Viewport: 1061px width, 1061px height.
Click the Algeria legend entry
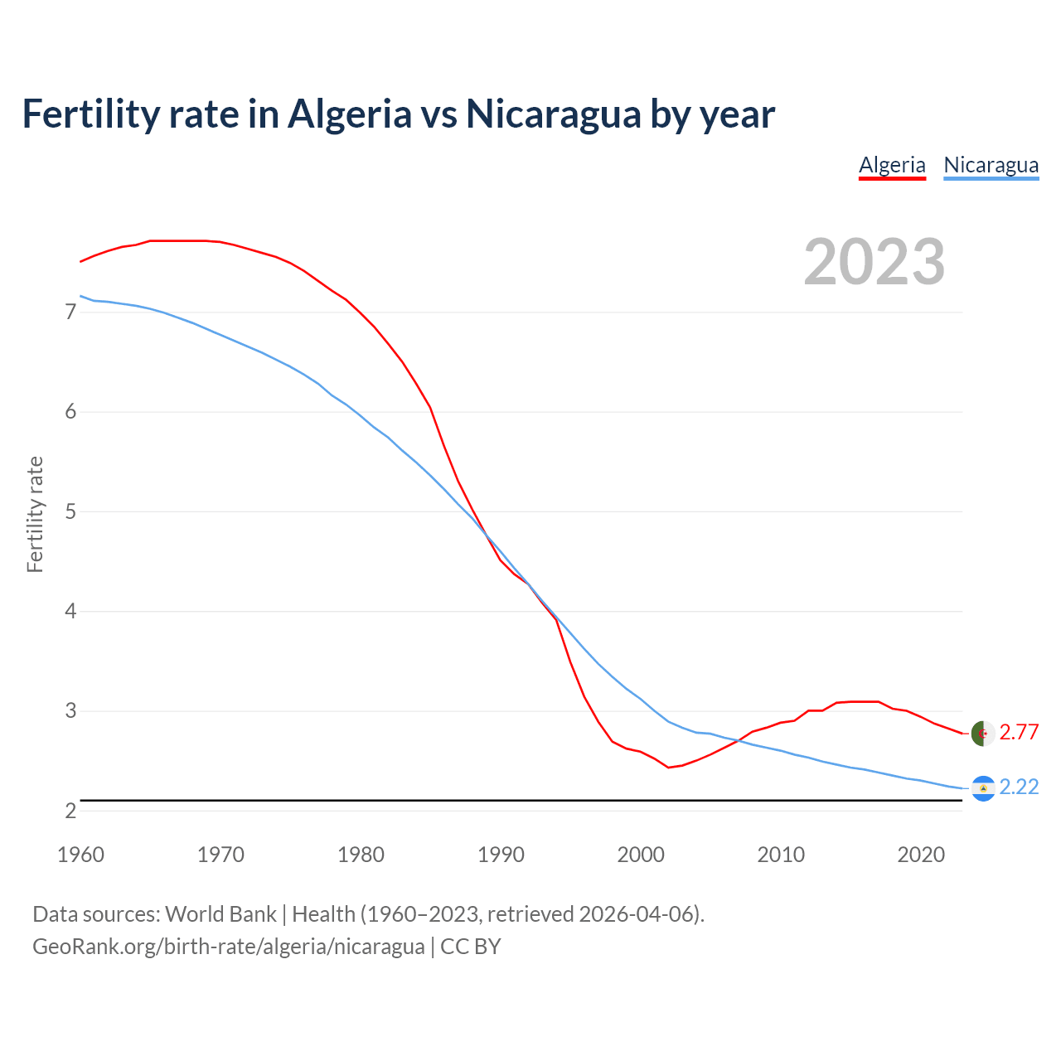tap(892, 165)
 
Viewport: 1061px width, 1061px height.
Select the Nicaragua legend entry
tap(991, 165)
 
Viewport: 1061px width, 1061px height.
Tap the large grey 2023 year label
tap(874, 262)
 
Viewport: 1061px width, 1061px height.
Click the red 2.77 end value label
tap(1019, 732)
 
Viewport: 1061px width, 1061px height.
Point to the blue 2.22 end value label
tap(1019, 787)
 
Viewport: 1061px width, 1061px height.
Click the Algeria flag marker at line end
tap(982, 734)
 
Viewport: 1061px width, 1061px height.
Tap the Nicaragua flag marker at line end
tap(982, 788)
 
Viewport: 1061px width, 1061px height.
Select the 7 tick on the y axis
tap(70, 312)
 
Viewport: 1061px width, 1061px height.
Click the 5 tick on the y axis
tap(70, 511)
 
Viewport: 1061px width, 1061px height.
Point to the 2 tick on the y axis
tap(70, 811)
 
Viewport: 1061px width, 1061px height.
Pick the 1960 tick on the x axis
tap(80, 855)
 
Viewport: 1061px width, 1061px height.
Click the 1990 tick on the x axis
tap(501, 855)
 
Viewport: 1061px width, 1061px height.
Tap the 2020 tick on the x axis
tap(921, 855)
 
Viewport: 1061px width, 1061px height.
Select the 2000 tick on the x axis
tap(641, 855)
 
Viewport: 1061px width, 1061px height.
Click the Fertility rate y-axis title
tap(35, 514)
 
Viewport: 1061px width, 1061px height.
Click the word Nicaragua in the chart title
tap(553, 114)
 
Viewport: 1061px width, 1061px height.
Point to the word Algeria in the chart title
tap(349, 114)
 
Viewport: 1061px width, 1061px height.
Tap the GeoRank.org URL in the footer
tap(228, 947)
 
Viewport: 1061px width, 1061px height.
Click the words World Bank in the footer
tap(220, 914)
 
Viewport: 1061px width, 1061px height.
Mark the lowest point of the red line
tap(668, 768)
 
